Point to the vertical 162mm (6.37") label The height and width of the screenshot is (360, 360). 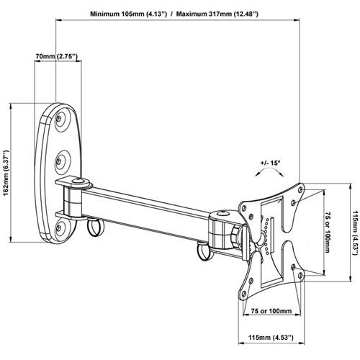[6, 174]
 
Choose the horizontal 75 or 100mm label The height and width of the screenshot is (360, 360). [271, 311]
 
